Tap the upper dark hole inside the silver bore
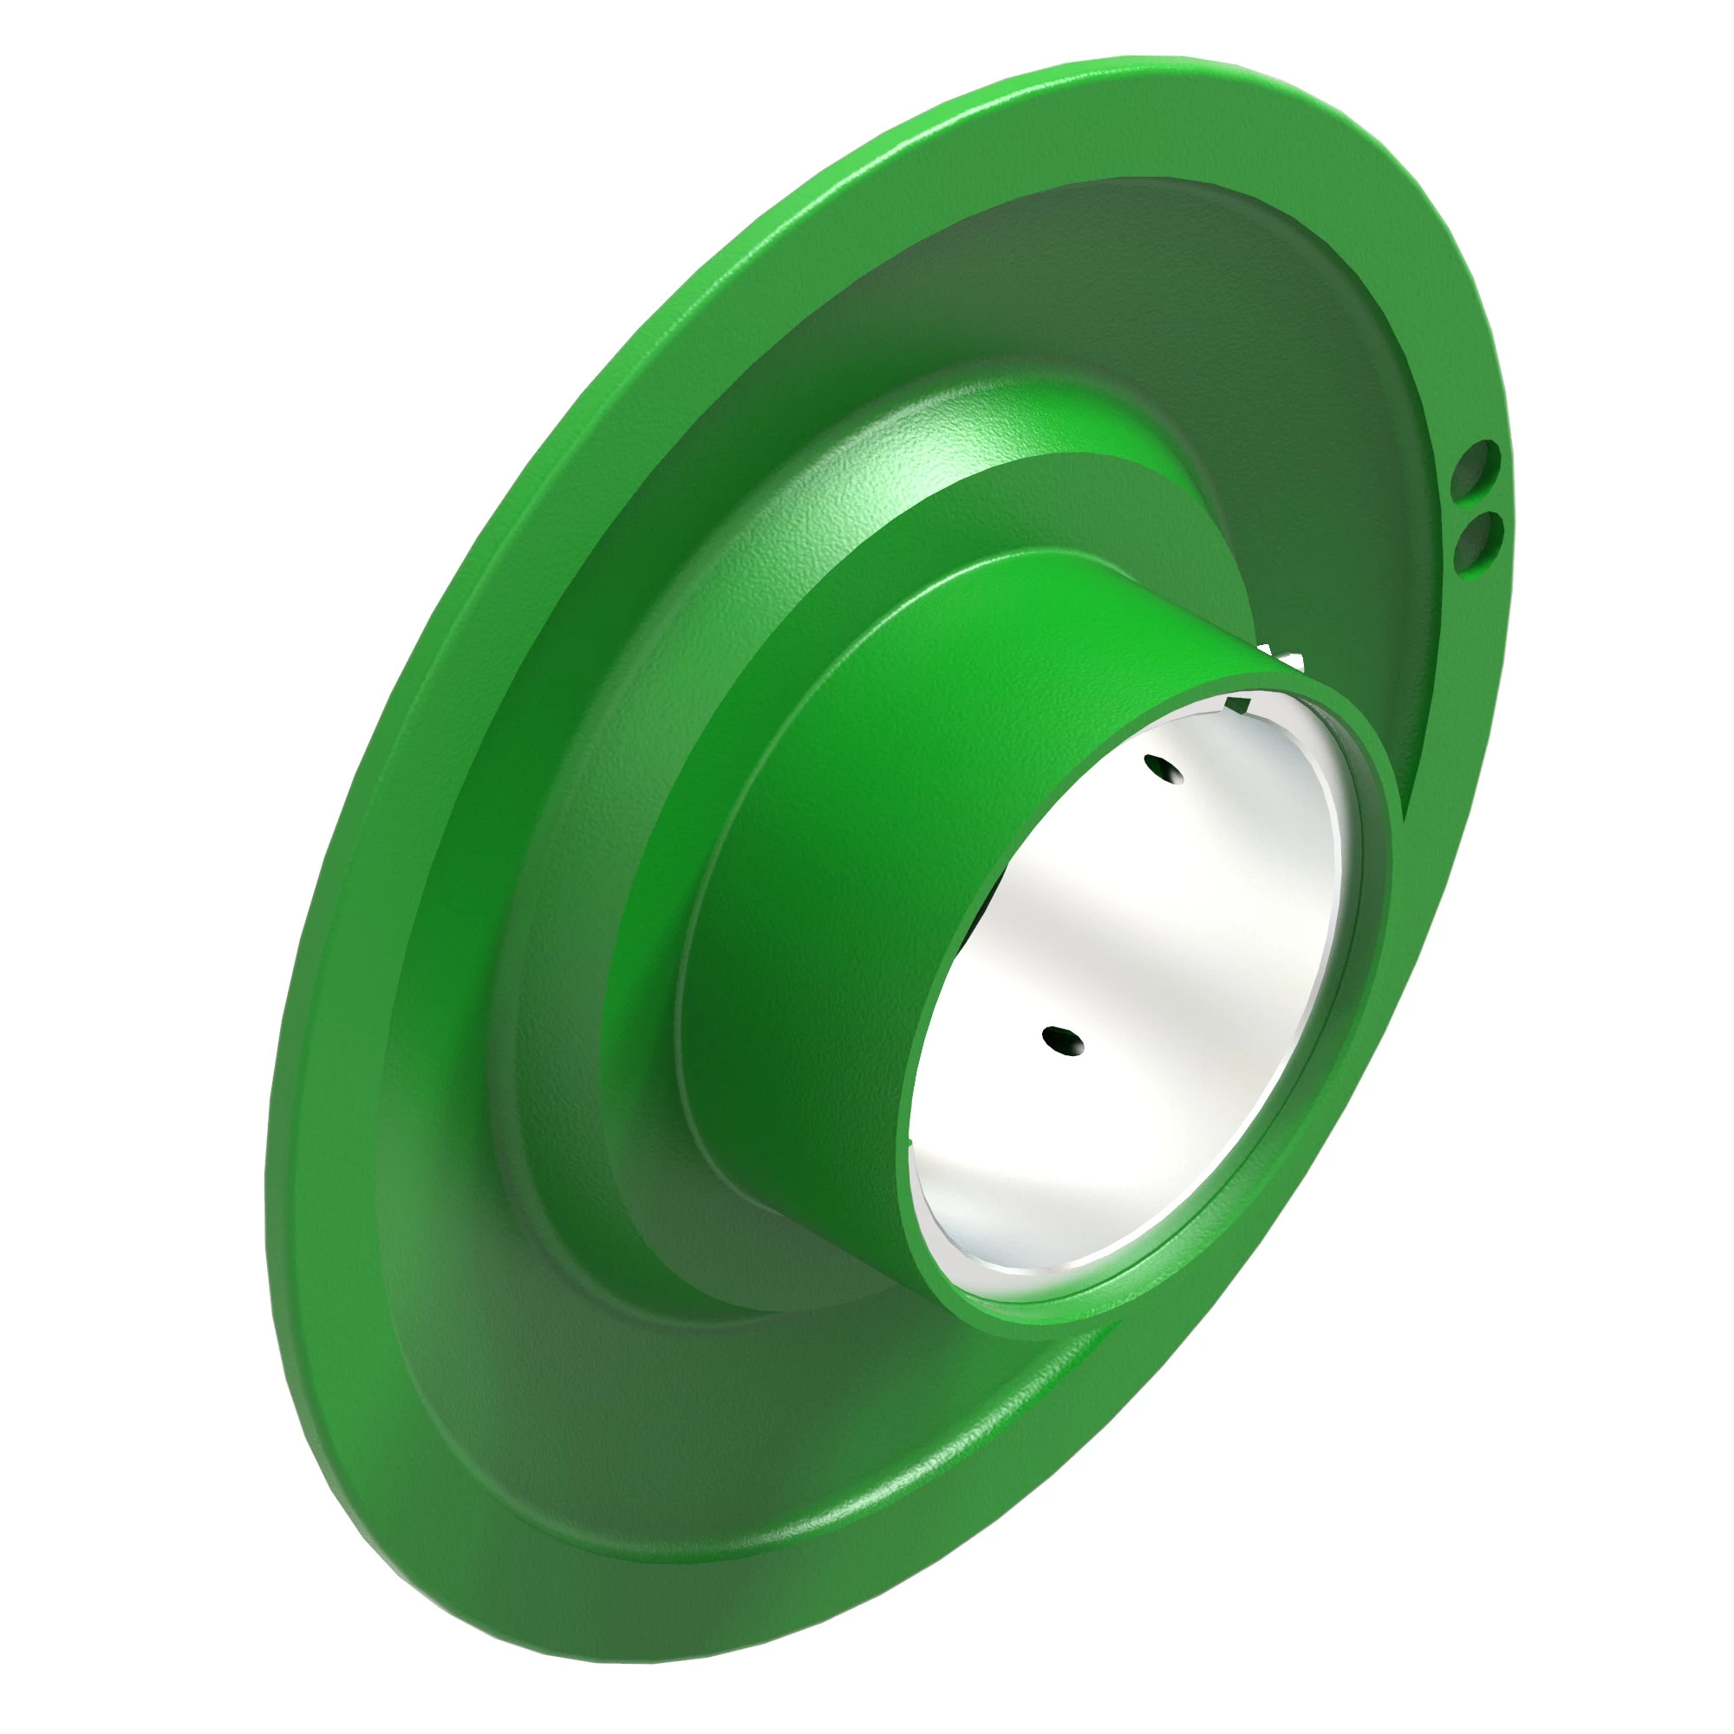[1164, 768]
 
